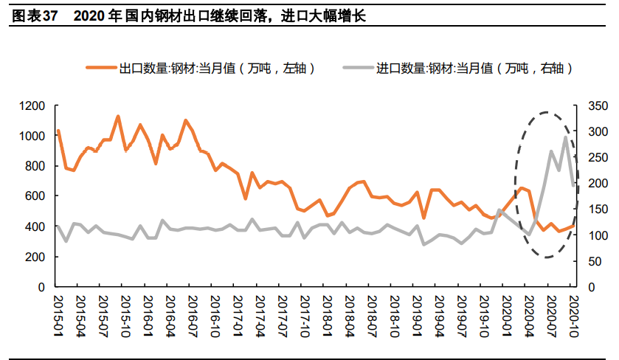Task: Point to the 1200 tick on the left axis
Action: coord(32,106)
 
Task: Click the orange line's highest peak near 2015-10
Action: coord(118,117)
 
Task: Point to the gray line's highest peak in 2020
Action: coord(566,137)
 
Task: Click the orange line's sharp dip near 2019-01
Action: coord(423,218)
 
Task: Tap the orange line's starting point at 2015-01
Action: coord(58,131)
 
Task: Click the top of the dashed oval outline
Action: coord(546,113)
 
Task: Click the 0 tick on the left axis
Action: coord(41,287)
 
